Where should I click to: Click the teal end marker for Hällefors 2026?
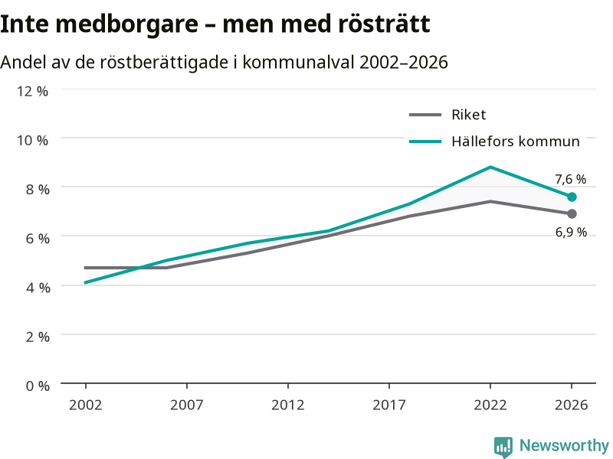tap(572, 197)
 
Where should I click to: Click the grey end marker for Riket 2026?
tap(572, 213)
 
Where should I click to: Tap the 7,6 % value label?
tap(570, 179)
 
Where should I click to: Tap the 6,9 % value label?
tap(571, 233)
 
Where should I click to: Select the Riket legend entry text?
tap(468, 115)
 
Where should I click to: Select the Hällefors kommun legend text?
tap(515, 142)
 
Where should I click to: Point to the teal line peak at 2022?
tap(490, 167)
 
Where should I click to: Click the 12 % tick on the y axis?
tap(32, 91)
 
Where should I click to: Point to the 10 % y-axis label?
tap(32, 140)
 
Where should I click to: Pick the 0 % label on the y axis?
tap(38, 386)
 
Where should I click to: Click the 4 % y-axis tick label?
tap(38, 288)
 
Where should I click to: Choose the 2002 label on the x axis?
tap(85, 405)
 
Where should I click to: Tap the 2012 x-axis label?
tap(288, 405)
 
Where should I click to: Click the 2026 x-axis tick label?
tap(571, 405)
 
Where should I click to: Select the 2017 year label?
tap(389, 405)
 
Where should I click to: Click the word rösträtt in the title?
tap(385, 24)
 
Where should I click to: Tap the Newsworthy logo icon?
tap(503, 447)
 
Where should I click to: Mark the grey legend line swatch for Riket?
tap(425, 115)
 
